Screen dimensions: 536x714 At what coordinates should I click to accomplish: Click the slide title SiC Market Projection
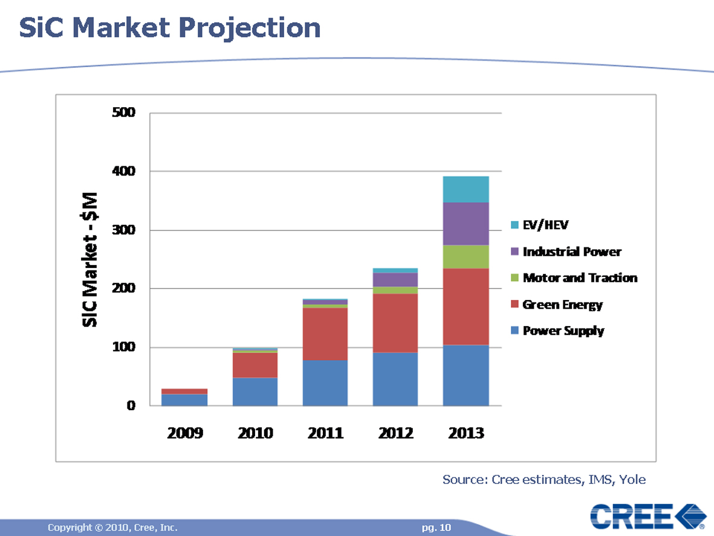click(170, 28)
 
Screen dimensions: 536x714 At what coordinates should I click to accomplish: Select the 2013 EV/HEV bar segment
click(466, 189)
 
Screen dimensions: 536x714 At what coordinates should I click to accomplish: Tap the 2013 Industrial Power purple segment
click(466, 224)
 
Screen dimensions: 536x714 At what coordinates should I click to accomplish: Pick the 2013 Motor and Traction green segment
click(466, 257)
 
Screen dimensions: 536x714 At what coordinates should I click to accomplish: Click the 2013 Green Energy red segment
click(466, 307)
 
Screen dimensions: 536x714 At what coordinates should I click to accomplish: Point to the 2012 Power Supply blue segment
click(395, 379)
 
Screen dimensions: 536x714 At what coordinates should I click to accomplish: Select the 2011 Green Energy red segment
click(325, 334)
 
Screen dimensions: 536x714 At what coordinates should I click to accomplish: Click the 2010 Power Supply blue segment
click(255, 391)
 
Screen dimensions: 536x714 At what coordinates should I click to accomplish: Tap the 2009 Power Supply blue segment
click(184, 400)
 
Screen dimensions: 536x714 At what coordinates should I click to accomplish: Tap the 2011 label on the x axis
click(325, 433)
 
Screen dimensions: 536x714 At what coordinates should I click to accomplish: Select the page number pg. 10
click(437, 528)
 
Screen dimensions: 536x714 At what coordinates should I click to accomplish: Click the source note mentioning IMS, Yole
click(544, 480)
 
